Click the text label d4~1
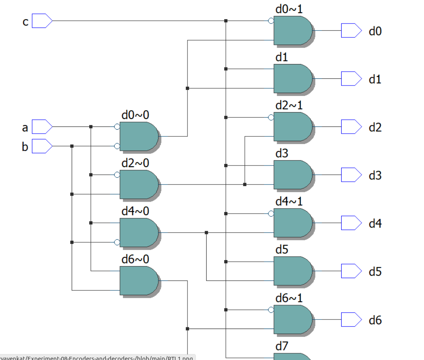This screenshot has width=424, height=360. [x=289, y=201]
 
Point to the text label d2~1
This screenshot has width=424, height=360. [x=289, y=105]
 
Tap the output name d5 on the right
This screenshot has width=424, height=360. [x=375, y=272]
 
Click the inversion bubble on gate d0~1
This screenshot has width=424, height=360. [x=271, y=21]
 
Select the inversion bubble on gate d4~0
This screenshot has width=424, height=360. [x=117, y=242]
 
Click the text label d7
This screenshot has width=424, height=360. [x=281, y=346]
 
